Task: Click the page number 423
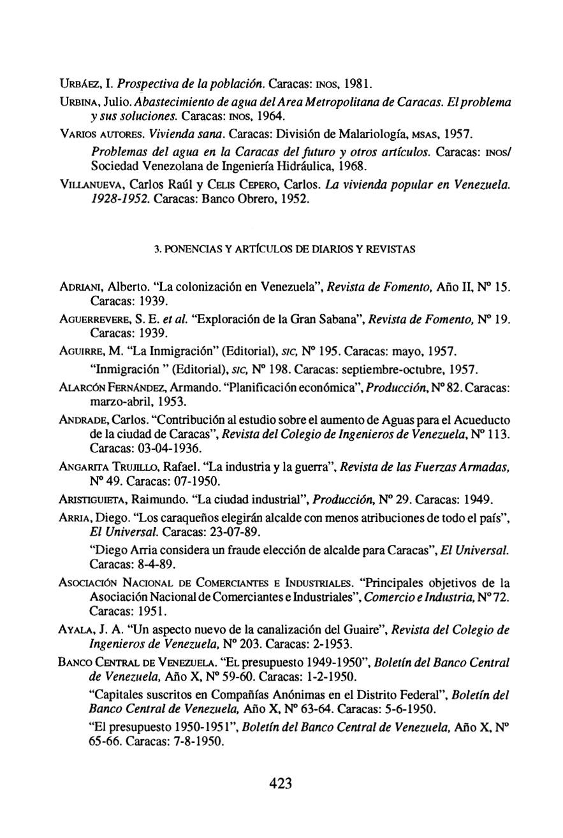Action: click(x=281, y=783)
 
